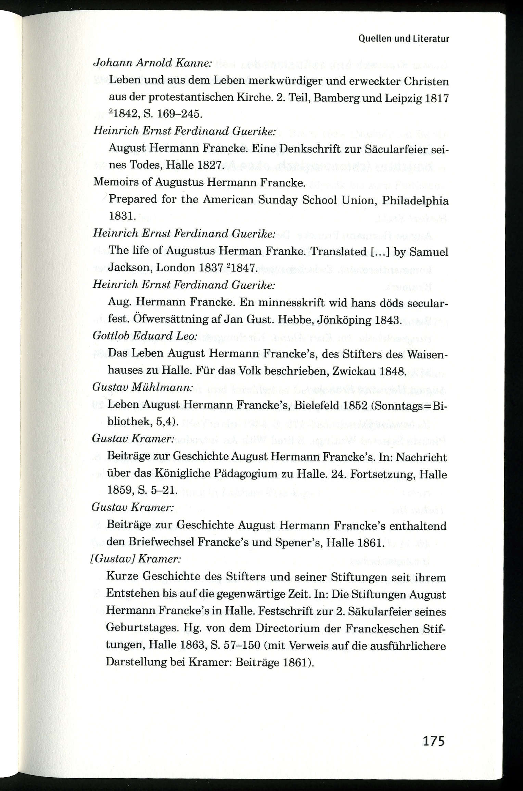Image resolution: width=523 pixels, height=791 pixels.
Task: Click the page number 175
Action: click(434, 741)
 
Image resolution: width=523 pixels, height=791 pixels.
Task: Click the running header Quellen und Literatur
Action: click(404, 39)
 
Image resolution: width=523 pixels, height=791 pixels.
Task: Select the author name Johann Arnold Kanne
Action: click(152, 64)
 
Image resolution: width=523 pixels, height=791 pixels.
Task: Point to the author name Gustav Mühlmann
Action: click(142, 387)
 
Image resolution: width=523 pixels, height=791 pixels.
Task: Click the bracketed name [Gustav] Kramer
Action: click(135, 559)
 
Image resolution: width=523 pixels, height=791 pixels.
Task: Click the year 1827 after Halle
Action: click(210, 165)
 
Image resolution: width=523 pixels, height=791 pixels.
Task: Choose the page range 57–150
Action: click(241, 646)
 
